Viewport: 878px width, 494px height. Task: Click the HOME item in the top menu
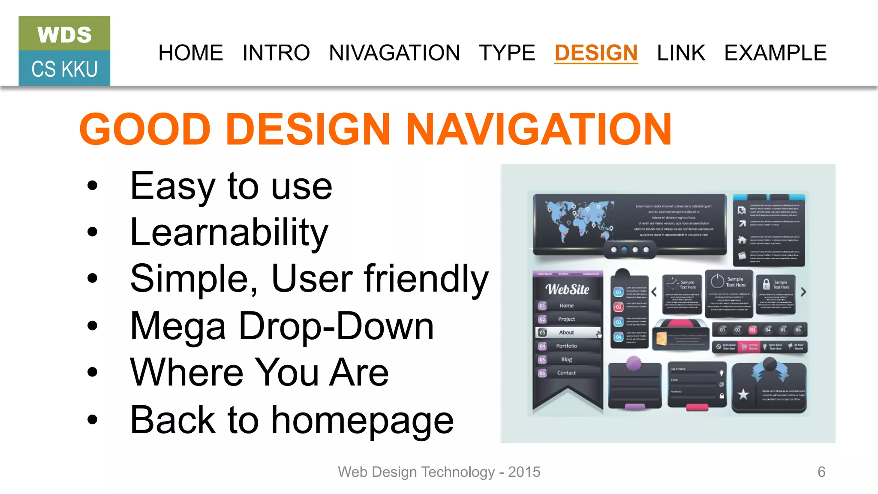pos(191,53)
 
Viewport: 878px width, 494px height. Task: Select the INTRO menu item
pos(276,53)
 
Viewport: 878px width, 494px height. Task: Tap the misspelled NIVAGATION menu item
pos(394,53)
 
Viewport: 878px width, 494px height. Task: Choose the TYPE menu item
pos(507,53)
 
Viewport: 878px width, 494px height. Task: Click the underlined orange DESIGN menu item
pos(596,53)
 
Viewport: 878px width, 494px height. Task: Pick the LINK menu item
pos(681,53)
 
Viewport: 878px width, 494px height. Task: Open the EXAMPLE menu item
pos(775,53)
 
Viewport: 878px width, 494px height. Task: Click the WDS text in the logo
pos(65,35)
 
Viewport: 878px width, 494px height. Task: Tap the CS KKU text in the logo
pos(65,69)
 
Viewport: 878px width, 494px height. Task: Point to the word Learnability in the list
pos(229,232)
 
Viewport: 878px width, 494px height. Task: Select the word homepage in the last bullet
pos(362,420)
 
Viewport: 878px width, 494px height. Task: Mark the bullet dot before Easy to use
pos(92,186)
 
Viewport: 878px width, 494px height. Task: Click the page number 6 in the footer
pos(821,472)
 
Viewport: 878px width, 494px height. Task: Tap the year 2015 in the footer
pos(524,472)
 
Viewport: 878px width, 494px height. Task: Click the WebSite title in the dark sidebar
pos(567,289)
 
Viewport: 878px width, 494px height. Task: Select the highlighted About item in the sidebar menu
pos(567,332)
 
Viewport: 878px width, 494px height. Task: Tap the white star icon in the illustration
pos(743,394)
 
